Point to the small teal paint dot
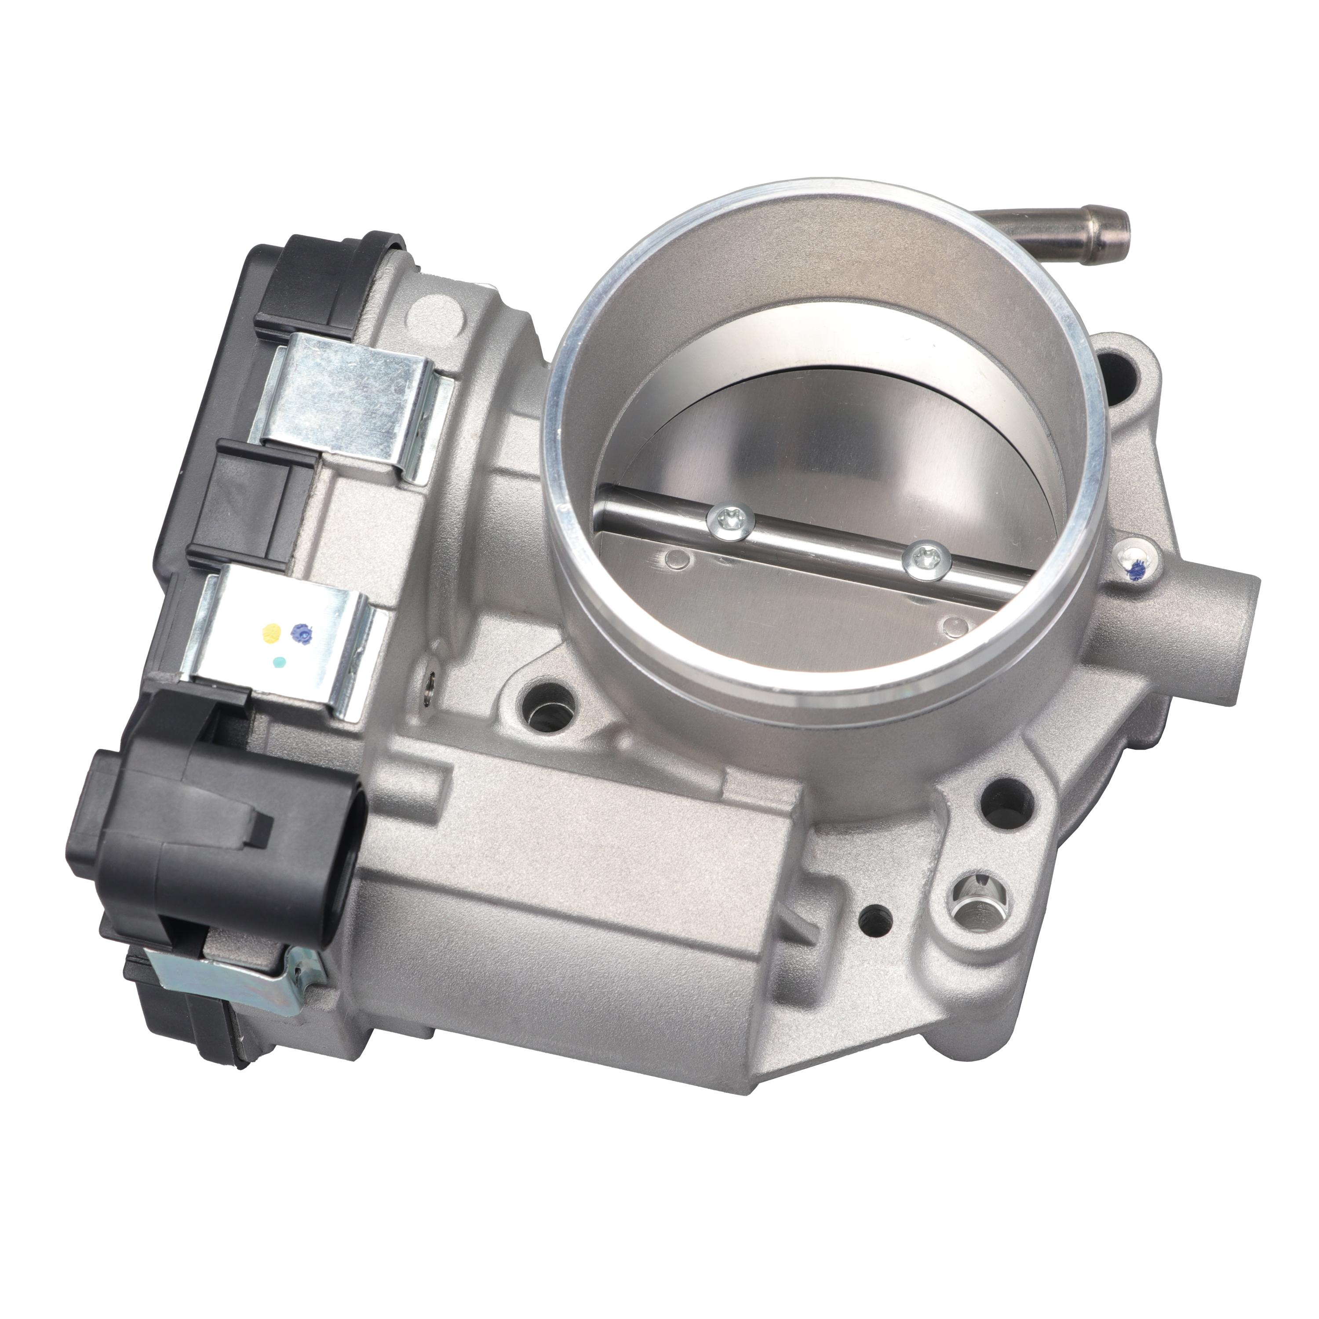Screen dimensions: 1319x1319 (x=279, y=662)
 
